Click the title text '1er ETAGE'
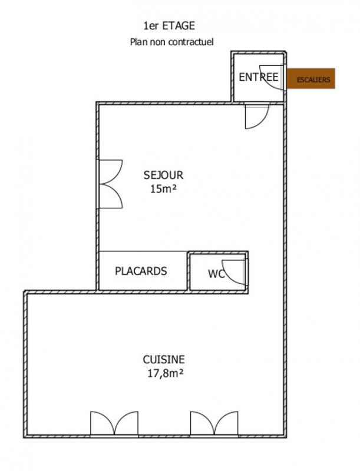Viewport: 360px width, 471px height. coord(169,25)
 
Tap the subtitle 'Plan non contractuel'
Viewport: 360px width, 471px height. coord(171,42)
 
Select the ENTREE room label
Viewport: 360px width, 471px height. coord(258,77)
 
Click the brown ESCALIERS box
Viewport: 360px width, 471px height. coord(311,79)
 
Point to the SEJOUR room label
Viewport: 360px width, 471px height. coord(163,175)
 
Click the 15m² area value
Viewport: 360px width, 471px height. coord(163,189)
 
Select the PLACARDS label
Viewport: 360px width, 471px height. coord(141,271)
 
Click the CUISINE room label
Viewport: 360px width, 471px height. coord(164,359)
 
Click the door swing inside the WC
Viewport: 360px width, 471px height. coord(235,271)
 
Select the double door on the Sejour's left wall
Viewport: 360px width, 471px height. coord(109,184)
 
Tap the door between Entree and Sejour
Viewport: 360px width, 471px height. coord(256,115)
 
